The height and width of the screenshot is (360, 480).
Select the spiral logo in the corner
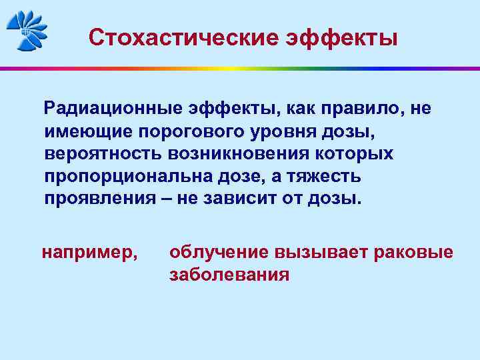[x=27, y=29]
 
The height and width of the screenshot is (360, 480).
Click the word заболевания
[x=229, y=275]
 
